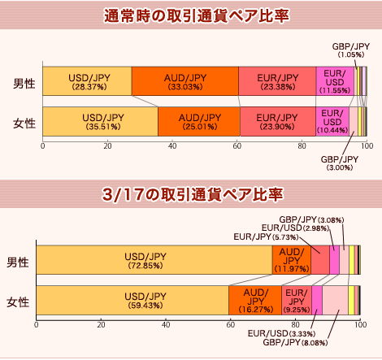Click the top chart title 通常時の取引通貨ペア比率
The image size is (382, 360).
pyautogui.click(x=197, y=15)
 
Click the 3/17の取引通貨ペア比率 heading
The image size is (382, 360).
pyautogui.click(x=193, y=194)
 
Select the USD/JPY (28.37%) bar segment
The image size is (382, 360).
pyautogui.click(x=87, y=81)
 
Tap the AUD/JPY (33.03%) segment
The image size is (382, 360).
pyautogui.click(x=185, y=81)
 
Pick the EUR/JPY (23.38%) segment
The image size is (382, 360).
pyautogui.click(x=277, y=81)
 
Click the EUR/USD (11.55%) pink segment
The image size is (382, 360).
pyautogui.click(x=335, y=81)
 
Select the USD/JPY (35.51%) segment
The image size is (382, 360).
pyautogui.click(x=101, y=122)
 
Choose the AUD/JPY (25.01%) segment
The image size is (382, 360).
pyautogui.click(x=199, y=122)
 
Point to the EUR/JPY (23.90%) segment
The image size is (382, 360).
pyautogui.click(x=278, y=122)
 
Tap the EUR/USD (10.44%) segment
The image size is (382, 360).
pyautogui.click(x=332, y=122)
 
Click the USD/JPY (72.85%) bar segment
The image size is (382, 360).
pyautogui.click(x=154, y=260)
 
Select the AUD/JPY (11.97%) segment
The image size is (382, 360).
pyautogui.click(x=292, y=260)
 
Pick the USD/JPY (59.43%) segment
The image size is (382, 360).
pyautogui.click(x=132, y=300)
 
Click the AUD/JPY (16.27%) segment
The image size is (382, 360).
pyautogui.click(x=255, y=300)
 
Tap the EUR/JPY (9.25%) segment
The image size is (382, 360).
pyautogui.click(x=297, y=300)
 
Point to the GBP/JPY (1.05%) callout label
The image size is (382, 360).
pyautogui.click(x=351, y=50)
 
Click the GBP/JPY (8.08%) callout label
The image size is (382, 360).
pyautogui.click(x=295, y=343)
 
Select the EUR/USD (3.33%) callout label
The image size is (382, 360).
pyautogui.click(x=282, y=333)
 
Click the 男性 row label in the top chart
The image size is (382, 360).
pyautogui.click(x=24, y=83)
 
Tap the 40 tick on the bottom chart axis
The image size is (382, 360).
pyautogui.click(x=166, y=324)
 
